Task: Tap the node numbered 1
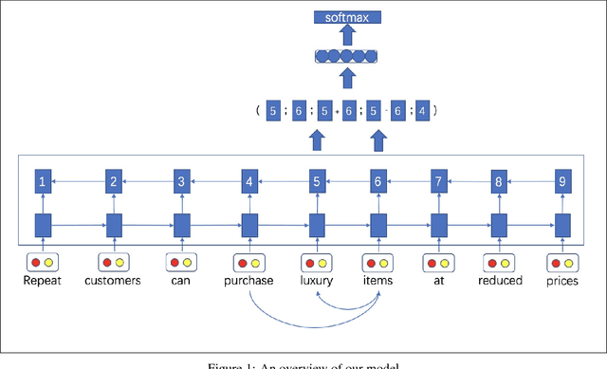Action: (x=42, y=180)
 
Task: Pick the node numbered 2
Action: (x=114, y=180)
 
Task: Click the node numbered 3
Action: (x=181, y=180)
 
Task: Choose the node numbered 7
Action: (x=438, y=180)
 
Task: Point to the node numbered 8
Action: (x=499, y=180)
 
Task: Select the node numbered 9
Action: (x=561, y=180)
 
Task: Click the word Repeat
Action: (x=42, y=281)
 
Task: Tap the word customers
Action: (x=113, y=281)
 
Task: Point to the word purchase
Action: (x=249, y=281)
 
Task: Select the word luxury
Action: (x=317, y=281)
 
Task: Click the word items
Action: (x=377, y=281)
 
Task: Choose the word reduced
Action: (x=499, y=281)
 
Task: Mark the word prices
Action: (x=561, y=281)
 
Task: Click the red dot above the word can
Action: (x=175, y=262)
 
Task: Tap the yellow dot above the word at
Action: (x=446, y=262)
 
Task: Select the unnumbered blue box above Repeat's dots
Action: (x=42, y=226)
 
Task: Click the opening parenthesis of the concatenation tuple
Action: (x=257, y=111)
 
